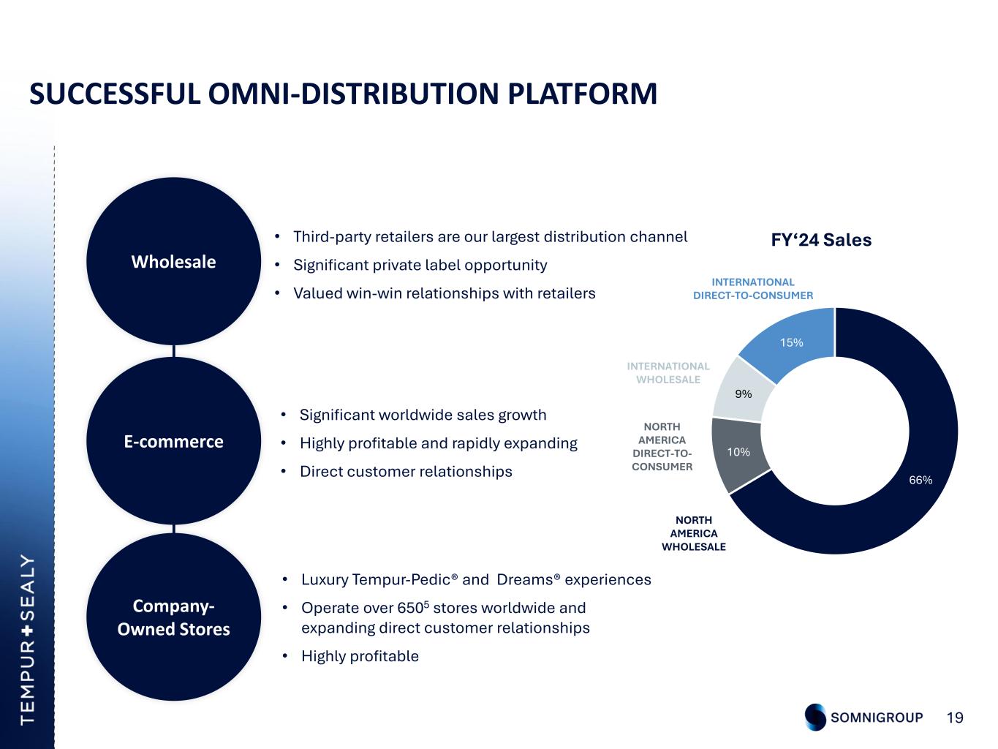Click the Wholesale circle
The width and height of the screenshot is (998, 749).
click(x=174, y=261)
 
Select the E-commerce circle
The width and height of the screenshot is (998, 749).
click(x=174, y=440)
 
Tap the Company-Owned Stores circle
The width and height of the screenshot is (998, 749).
click(x=174, y=617)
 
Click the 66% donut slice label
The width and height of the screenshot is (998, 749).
click(x=920, y=480)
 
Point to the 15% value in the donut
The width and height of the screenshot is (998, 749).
click(x=792, y=342)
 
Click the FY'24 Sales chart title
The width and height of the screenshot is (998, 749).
click(x=821, y=240)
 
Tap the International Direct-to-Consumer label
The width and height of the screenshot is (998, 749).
click(x=753, y=289)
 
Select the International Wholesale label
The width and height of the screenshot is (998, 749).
click(x=668, y=373)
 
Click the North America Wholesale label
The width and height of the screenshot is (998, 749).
click(x=694, y=533)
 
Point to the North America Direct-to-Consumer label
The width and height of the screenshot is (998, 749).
click(x=662, y=447)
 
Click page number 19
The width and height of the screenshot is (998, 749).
click(x=955, y=718)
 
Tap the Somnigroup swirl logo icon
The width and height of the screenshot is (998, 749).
click(x=815, y=717)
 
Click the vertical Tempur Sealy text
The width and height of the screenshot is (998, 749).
click(x=28, y=639)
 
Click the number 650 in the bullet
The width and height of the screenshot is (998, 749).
click(x=411, y=608)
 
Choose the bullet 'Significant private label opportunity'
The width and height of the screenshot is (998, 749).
click(x=420, y=265)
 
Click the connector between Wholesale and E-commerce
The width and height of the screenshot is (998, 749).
click(x=174, y=351)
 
